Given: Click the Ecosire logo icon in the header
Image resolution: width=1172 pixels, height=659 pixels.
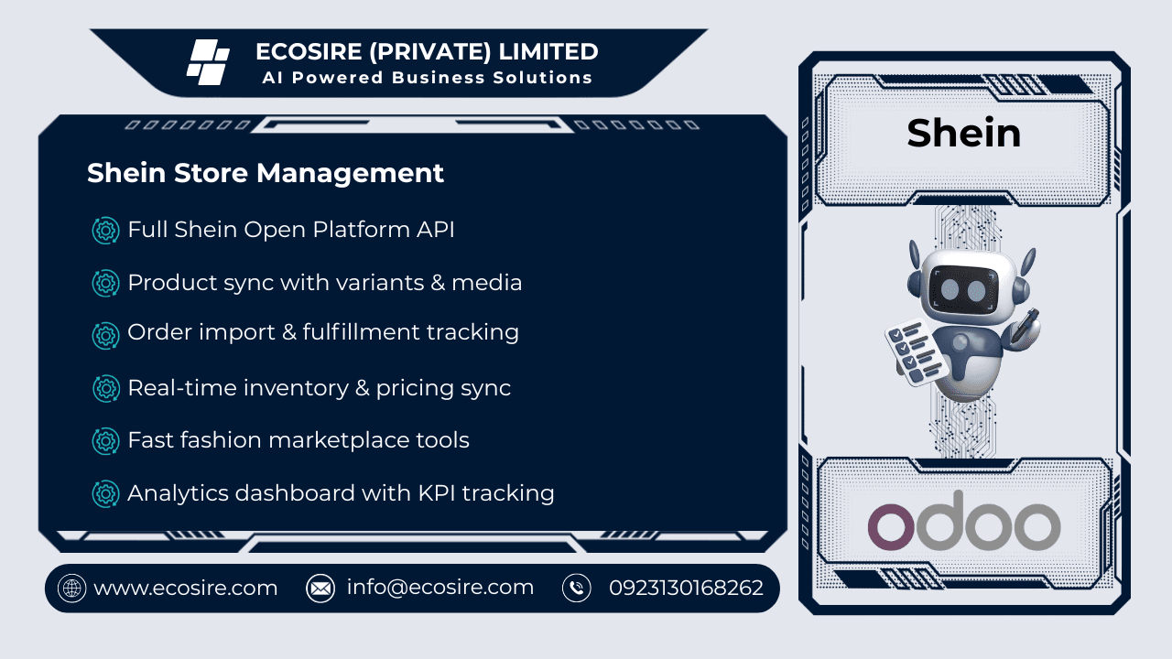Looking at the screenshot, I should click(x=208, y=62).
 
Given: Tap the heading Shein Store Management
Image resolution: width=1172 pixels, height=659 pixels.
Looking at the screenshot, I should click(x=266, y=173).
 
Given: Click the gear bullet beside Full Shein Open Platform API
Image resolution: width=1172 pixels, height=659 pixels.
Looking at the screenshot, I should click(x=106, y=230).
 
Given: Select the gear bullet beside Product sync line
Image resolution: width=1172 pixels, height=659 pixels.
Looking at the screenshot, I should click(x=106, y=283).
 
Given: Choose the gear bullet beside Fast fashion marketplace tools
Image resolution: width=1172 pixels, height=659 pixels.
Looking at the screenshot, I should click(x=106, y=441).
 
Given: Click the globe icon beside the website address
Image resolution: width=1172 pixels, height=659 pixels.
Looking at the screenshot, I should click(x=71, y=589).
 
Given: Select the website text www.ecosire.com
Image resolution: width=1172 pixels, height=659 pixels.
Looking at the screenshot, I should click(x=186, y=588).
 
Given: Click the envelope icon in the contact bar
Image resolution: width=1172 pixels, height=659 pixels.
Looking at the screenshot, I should click(x=320, y=589).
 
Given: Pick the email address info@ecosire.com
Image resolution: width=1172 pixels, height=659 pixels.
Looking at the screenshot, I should click(x=439, y=588).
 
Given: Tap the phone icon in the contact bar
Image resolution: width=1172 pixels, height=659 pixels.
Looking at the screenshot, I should click(x=577, y=589).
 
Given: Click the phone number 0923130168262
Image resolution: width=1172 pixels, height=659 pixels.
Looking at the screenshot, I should click(x=686, y=588).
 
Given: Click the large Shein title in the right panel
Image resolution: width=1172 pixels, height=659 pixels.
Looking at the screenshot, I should click(x=964, y=134).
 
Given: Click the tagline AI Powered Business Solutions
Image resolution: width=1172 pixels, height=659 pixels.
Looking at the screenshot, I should click(x=428, y=78).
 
